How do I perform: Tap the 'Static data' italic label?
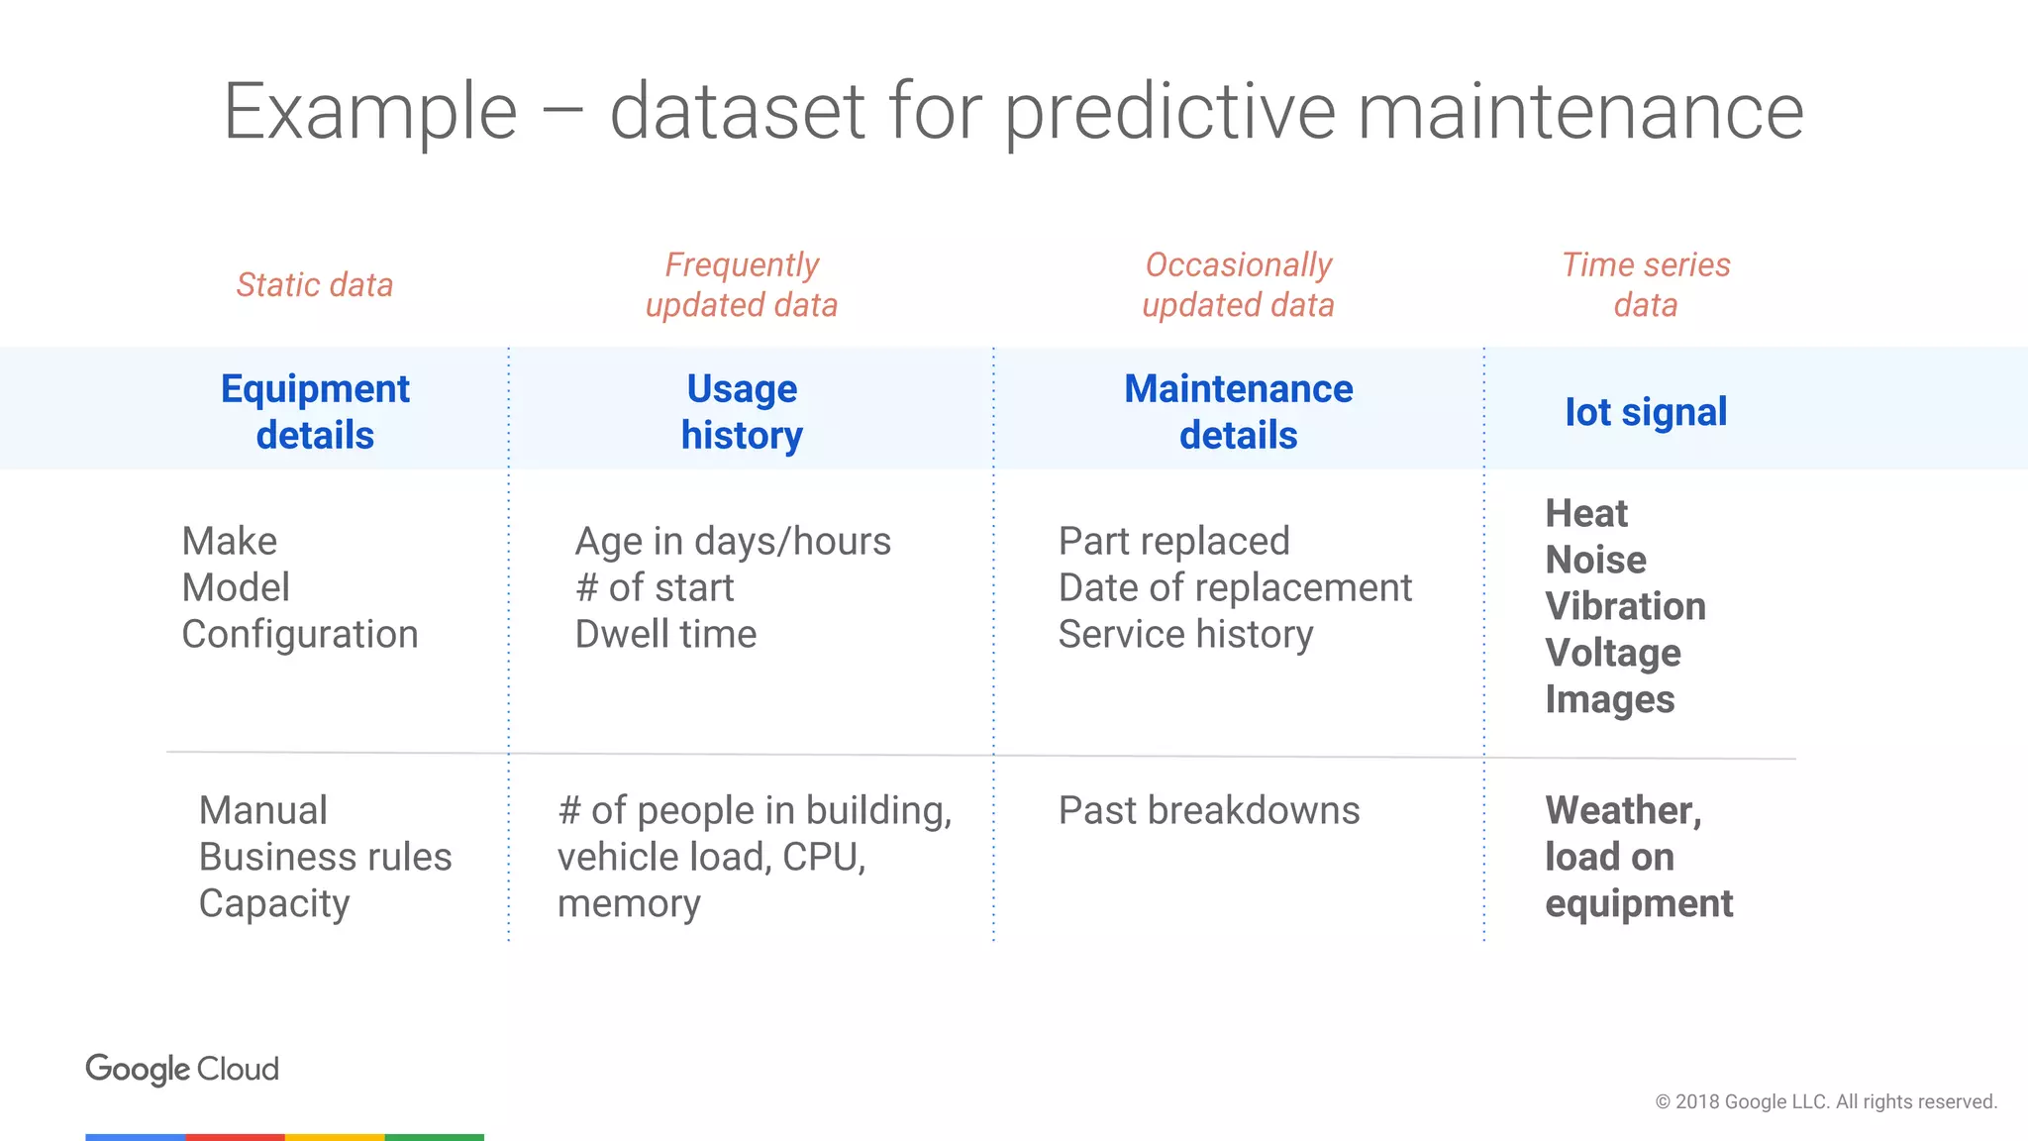pos(315,285)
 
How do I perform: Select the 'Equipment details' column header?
pos(315,411)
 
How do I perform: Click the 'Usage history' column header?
pos(742,411)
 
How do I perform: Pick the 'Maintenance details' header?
pos(1238,411)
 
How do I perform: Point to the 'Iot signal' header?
pos(1645,412)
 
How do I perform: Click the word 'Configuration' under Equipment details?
pos(300,635)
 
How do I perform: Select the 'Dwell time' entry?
pos(665,635)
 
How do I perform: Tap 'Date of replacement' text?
pos(1235,588)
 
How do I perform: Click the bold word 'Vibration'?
pos(1625,606)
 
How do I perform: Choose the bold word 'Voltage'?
pos(1613,653)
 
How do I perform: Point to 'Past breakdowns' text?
pos(1208,811)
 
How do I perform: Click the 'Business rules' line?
pos(325,858)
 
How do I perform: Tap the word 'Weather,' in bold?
pos(1623,811)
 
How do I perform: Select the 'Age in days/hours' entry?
pos(733,542)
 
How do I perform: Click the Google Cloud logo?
pos(182,1069)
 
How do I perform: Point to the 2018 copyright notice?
pos(1825,1102)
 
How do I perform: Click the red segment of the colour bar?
pos(235,1137)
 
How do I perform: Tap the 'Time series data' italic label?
pos(1645,285)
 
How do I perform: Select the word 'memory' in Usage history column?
pos(629,904)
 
